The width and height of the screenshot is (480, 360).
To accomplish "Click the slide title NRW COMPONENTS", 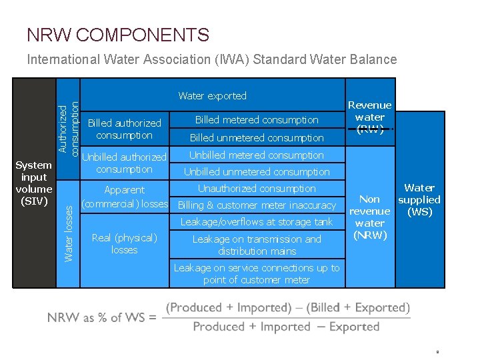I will click(x=118, y=35).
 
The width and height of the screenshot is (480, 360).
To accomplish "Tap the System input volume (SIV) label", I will click(x=34, y=183).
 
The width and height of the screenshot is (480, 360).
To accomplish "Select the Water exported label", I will click(x=212, y=96).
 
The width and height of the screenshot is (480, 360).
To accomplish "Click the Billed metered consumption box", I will click(x=257, y=120).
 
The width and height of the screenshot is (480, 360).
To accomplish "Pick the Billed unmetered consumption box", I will click(x=257, y=138).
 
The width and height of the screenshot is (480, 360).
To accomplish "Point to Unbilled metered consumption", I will click(x=257, y=155).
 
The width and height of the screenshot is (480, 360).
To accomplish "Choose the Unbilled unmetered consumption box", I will click(x=257, y=172).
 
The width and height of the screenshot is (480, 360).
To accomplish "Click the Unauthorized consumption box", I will click(x=257, y=189).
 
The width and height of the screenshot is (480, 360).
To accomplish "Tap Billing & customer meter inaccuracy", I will click(x=257, y=205).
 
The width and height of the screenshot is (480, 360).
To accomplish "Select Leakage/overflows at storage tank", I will click(x=257, y=222).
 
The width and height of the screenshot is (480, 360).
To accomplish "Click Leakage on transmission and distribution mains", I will click(x=257, y=245).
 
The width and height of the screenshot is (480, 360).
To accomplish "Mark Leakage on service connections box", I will click(x=257, y=273).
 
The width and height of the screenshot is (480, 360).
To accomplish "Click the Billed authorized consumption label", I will click(x=125, y=129).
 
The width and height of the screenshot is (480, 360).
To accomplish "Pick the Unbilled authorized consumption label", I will click(x=124, y=163).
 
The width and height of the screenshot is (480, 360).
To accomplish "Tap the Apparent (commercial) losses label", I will click(x=125, y=197).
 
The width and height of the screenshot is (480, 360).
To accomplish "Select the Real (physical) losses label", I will click(x=125, y=243).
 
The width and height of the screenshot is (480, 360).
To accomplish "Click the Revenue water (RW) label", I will click(x=370, y=117).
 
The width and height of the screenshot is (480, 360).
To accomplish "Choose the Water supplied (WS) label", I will click(x=419, y=200).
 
